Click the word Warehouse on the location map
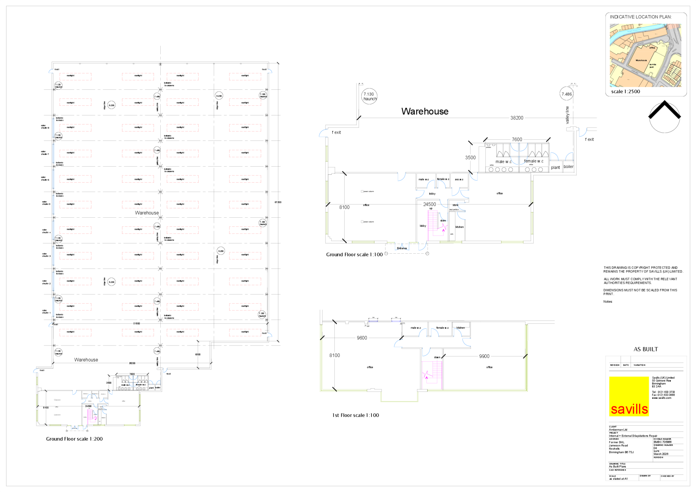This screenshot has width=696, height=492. (x=641, y=60)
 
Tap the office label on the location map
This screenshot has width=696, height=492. (x=652, y=48)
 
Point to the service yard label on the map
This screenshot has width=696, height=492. (x=652, y=65)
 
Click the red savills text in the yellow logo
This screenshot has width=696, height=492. (x=629, y=409)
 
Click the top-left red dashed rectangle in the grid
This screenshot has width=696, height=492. (x=75, y=77)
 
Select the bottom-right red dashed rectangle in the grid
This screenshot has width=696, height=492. (x=245, y=333)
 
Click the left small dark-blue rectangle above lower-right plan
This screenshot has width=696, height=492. (x=373, y=321)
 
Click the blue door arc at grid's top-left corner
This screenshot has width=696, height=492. (x=51, y=71)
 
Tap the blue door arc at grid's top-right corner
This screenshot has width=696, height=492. (x=270, y=71)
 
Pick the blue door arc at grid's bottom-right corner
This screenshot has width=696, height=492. (x=270, y=335)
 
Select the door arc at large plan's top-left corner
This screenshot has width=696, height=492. (x=323, y=133)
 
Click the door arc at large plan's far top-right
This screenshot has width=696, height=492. (x=582, y=132)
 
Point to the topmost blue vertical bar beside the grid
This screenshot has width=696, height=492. (x=53, y=128)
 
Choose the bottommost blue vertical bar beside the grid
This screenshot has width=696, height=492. (x=53, y=307)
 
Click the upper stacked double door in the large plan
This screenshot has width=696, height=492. (x=519, y=147)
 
